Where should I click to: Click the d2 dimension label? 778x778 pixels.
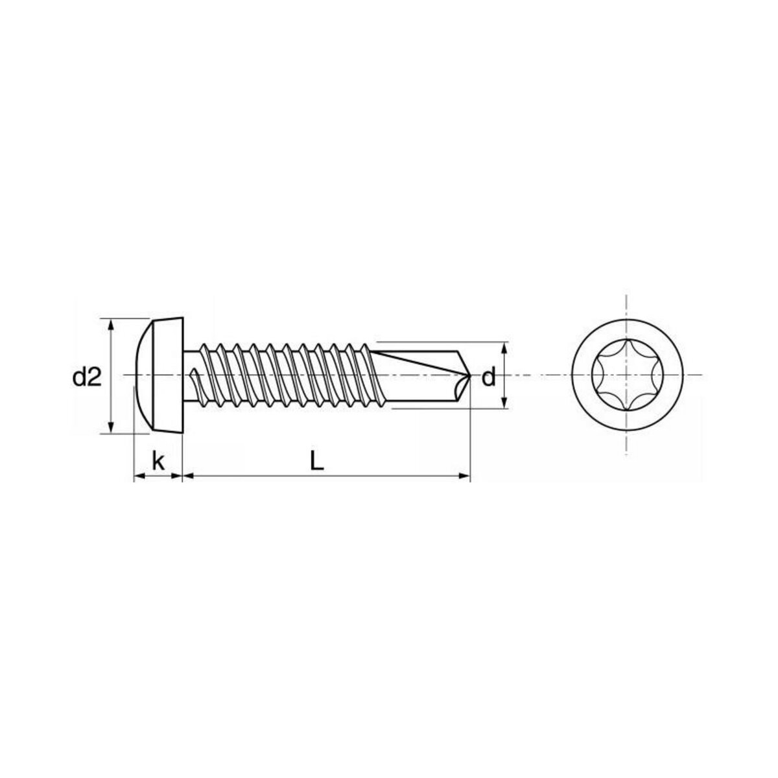(x=88, y=377)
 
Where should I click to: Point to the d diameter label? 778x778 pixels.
(x=488, y=377)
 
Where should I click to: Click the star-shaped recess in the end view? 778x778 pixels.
(x=627, y=375)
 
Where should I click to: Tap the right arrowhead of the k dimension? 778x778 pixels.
(x=178, y=477)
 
